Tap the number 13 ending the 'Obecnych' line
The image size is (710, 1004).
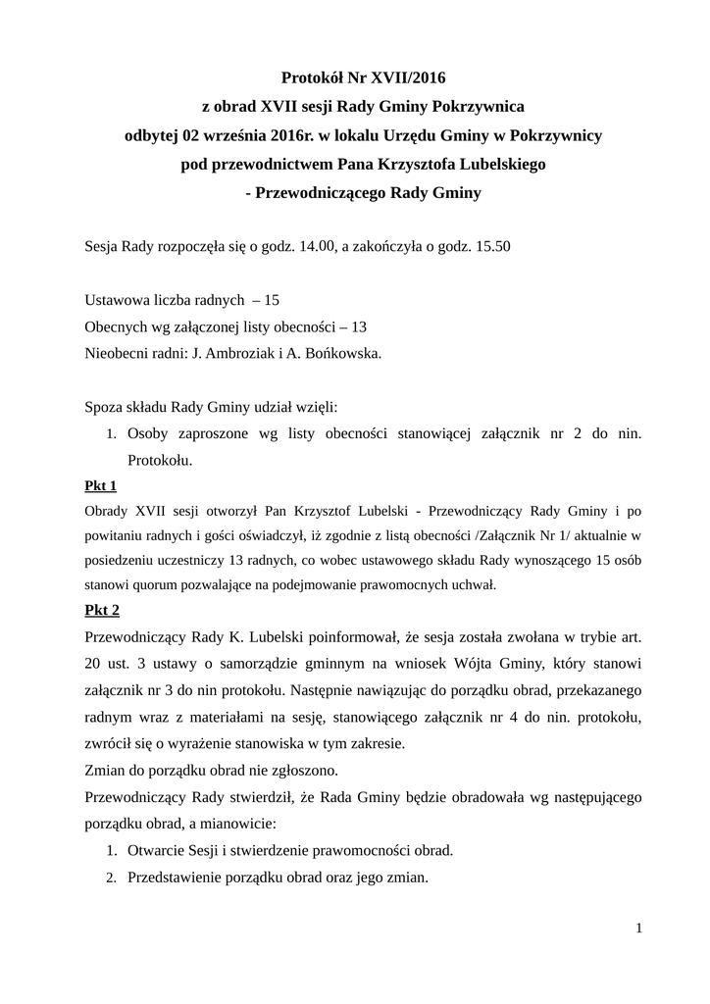click(359, 326)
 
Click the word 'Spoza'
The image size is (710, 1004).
click(106, 406)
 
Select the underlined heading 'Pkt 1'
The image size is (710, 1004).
click(102, 485)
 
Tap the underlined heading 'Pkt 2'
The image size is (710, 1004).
click(102, 610)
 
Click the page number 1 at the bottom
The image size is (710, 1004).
click(638, 928)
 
